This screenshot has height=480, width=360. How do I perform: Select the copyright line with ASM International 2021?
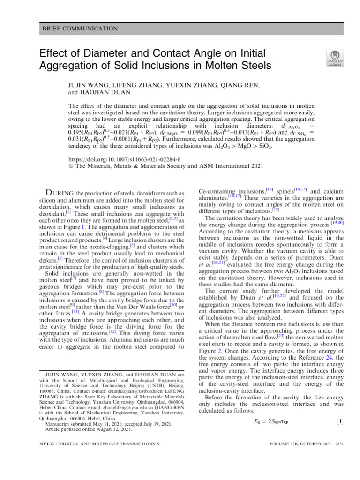point(163,166)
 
